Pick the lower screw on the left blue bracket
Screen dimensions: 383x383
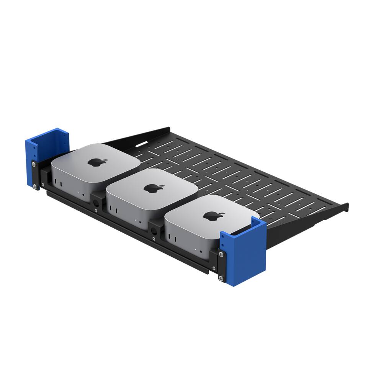coord(35,187)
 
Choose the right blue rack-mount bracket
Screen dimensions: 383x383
coord(245,253)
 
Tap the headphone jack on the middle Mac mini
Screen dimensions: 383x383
coord(141,222)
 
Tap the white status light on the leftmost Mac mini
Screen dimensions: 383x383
coord(79,192)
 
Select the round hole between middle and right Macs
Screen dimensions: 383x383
coord(154,231)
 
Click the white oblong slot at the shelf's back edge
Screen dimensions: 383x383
coord(140,144)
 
